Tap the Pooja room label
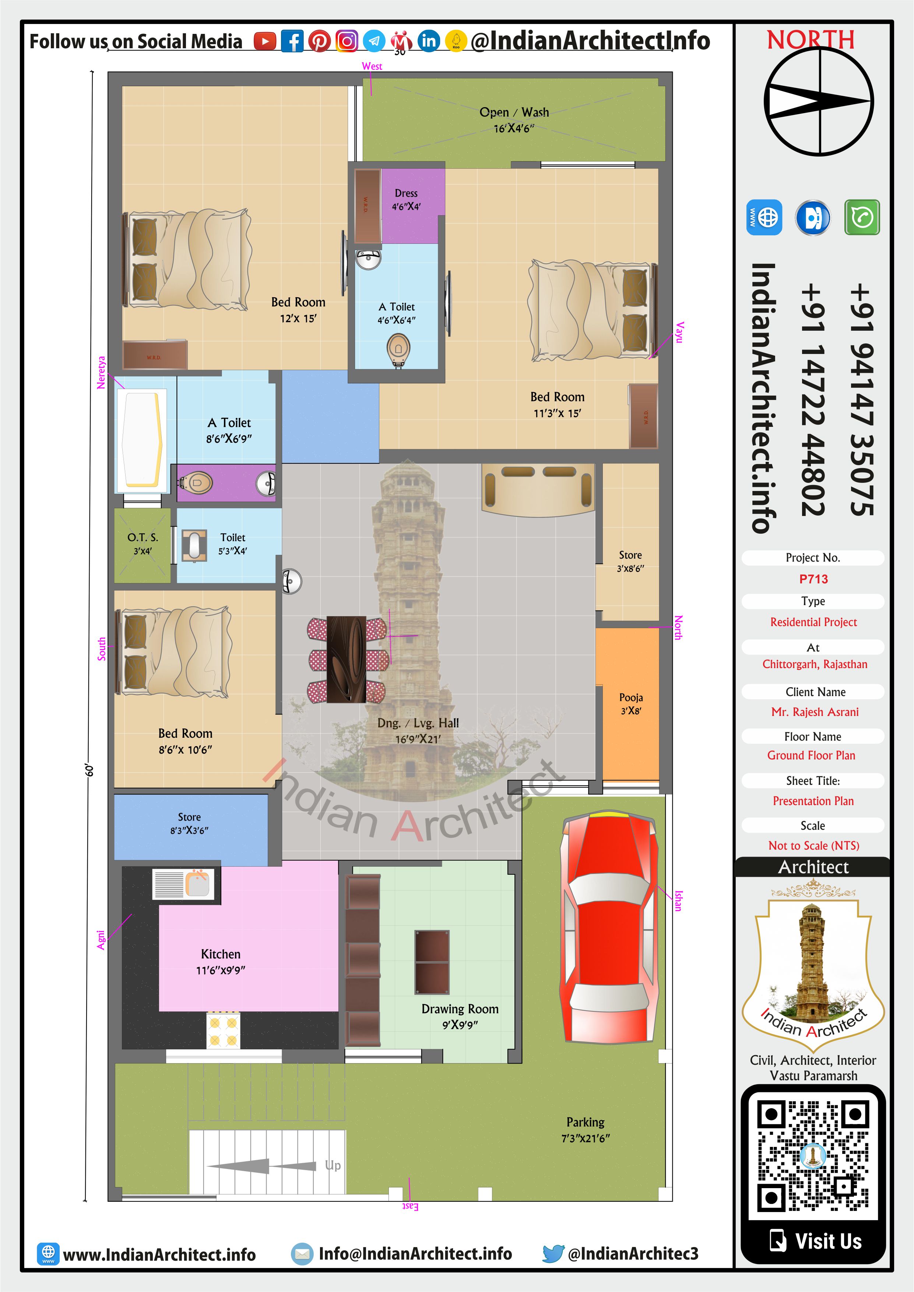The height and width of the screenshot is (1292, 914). click(x=631, y=703)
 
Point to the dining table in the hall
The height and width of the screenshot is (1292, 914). click(x=347, y=659)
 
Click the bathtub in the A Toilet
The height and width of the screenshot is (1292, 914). click(x=142, y=439)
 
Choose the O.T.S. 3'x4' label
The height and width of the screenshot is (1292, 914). click(x=143, y=544)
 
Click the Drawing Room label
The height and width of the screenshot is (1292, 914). click(x=460, y=1016)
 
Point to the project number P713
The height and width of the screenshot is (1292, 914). click(x=813, y=579)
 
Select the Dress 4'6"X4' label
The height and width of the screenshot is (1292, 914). click(x=406, y=200)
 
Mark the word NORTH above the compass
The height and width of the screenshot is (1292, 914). click(x=811, y=40)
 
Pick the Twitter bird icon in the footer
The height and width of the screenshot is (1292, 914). click(x=553, y=1253)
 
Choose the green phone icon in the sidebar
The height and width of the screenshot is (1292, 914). click(x=862, y=217)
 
